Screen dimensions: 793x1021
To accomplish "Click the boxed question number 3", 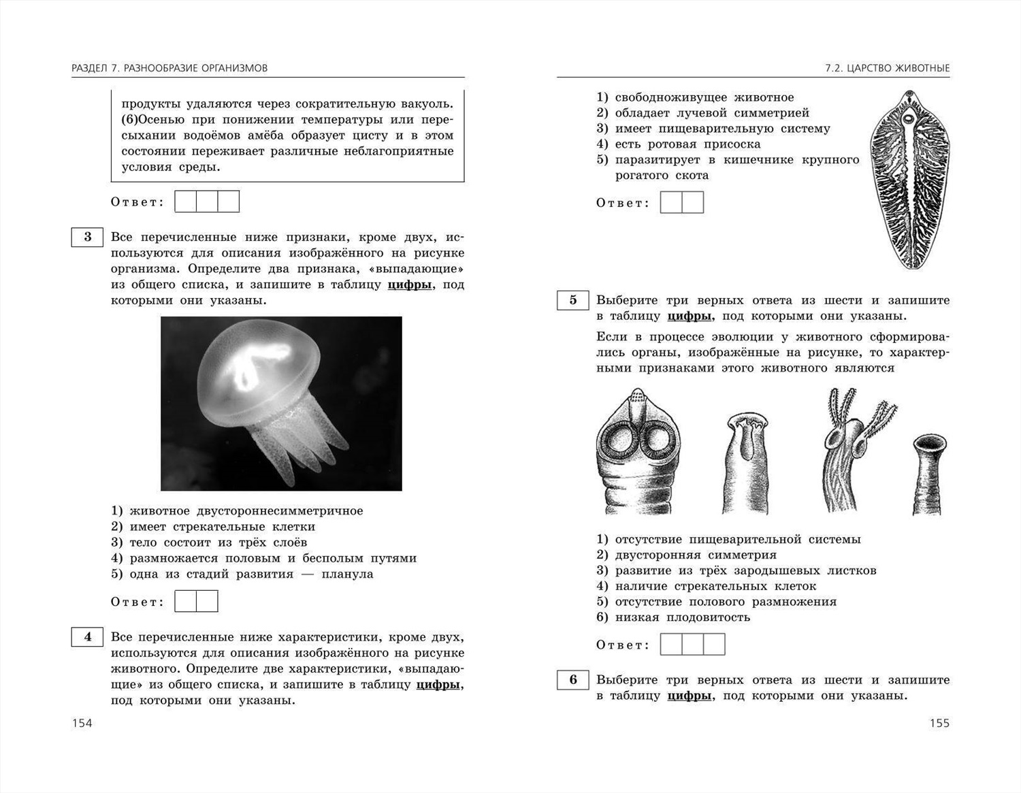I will [x=87, y=237].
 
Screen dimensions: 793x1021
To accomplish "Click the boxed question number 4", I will [x=87, y=637].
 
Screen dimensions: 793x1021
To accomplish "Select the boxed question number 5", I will [x=572, y=300].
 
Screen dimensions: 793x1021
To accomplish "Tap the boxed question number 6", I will [x=572, y=680].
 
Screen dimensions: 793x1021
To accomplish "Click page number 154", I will [x=82, y=723].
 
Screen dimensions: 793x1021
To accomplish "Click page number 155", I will [x=939, y=723].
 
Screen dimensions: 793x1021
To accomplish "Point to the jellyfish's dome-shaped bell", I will [x=258, y=368].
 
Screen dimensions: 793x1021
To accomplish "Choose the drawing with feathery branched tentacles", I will [x=854, y=449].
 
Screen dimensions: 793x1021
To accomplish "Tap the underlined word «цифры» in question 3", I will [x=410, y=285].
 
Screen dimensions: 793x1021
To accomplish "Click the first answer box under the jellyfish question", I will [x=186, y=602].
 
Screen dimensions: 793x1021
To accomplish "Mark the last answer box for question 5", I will [x=714, y=645].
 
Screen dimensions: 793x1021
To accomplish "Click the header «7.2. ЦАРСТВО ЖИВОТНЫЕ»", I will [x=887, y=68].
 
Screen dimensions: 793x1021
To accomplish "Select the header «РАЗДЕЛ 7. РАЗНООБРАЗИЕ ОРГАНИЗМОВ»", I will [x=169, y=68].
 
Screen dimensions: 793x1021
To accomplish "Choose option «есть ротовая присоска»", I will [x=687, y=144].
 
